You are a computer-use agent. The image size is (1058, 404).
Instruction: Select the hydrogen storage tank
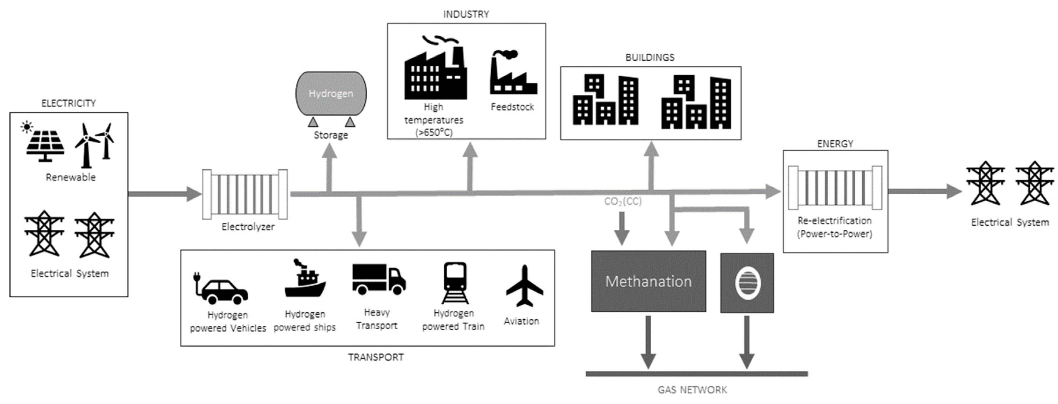331,94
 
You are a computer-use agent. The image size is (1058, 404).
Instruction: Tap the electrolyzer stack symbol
245,194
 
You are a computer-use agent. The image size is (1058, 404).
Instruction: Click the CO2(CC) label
623,201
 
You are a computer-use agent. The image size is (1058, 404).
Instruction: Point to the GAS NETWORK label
692,389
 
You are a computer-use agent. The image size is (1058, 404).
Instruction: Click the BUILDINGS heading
650,57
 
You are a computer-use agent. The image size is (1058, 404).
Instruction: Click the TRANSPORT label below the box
376,357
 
